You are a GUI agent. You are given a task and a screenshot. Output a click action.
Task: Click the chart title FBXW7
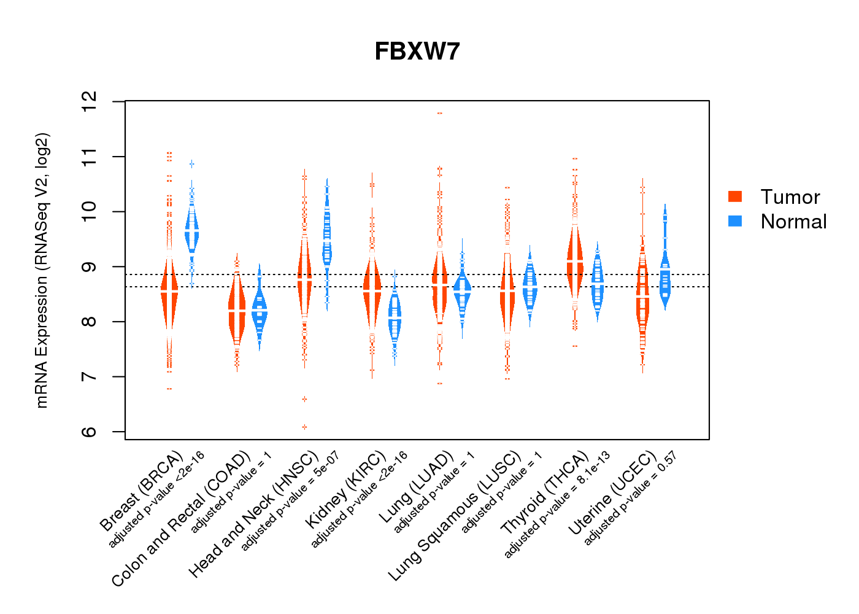417,52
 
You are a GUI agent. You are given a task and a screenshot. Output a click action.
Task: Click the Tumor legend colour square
735,196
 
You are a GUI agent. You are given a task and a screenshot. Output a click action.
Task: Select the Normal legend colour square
735,221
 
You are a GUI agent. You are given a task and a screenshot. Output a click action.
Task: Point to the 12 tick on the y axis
90,101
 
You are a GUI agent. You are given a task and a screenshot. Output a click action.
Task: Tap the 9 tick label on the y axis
90,267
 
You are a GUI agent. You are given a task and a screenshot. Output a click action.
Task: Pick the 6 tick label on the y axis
90,432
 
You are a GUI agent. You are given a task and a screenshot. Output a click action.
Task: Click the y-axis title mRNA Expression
42,270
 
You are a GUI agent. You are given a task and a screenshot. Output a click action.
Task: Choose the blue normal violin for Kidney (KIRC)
395,316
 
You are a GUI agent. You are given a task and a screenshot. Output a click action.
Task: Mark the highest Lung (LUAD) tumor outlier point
440,113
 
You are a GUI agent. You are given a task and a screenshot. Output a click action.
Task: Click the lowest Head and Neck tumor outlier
304,427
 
